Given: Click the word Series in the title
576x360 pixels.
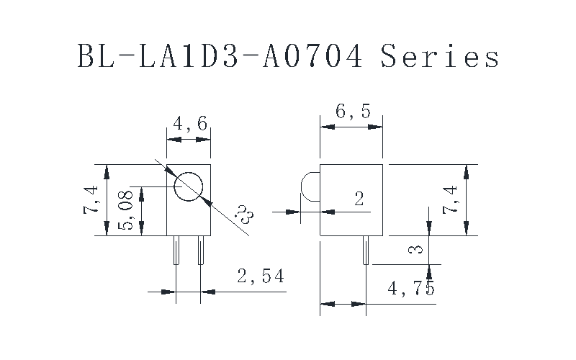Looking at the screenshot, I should pyautogui.click(x=439, y=55).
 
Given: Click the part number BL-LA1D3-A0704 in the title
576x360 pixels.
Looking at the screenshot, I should pyautogui.click(x=220, y=55).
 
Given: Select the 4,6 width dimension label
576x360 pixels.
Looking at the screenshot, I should pyautogui.click(x=189, y=124).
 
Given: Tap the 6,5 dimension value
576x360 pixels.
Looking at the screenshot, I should pyautogui.click(x=352, y=112).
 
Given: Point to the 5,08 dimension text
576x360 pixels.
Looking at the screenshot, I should pyautogui.click(x=127, y=210).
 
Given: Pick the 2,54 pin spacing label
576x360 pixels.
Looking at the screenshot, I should pyautogui.click(x=260, y=275).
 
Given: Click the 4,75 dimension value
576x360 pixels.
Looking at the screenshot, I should pyautogui.click(x=410, y=289).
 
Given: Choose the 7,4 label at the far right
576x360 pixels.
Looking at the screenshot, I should pyautogui.click(x=450, y=199).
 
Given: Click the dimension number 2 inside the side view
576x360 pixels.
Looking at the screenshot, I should pyautogui.click(x=359, y=199).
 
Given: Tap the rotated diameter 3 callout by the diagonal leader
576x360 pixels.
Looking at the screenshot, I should pyautogui.click(x=245, y=214).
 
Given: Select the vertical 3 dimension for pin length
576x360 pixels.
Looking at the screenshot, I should pyautogui.click(x=413, y=250).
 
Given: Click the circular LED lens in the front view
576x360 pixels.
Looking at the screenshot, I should pyautogui.click(x=189, y=186).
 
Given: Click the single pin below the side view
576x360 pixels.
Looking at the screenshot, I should pyautogui.click(x=365, y=250).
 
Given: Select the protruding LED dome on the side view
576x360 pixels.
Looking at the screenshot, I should pyautogui.click(x=310, y=186).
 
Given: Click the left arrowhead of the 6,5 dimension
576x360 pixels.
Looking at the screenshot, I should pyautogui.click(x=325, y=127).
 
